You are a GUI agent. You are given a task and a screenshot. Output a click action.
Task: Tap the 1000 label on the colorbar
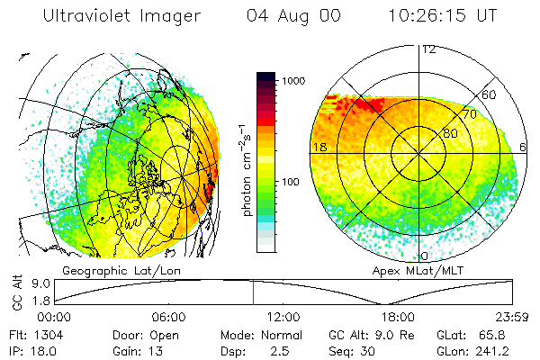pyautogui.click(x=295, y=81)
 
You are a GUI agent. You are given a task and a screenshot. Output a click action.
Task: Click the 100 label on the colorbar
pyautogui.click(x=292, y=183)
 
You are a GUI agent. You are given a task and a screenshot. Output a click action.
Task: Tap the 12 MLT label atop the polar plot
pyautogui.click(x=428, y=49)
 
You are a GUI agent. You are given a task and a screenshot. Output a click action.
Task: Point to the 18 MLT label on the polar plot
pyautogui.click(x=319, y=146)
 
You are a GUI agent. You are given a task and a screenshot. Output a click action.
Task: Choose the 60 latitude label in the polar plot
pyautogui.click(x=490, y=94)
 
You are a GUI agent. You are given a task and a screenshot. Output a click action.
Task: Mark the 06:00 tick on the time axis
pyautogui.click(x=168, y=317)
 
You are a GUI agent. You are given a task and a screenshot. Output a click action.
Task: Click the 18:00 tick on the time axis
pyautogui.click(x=398, y=317)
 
